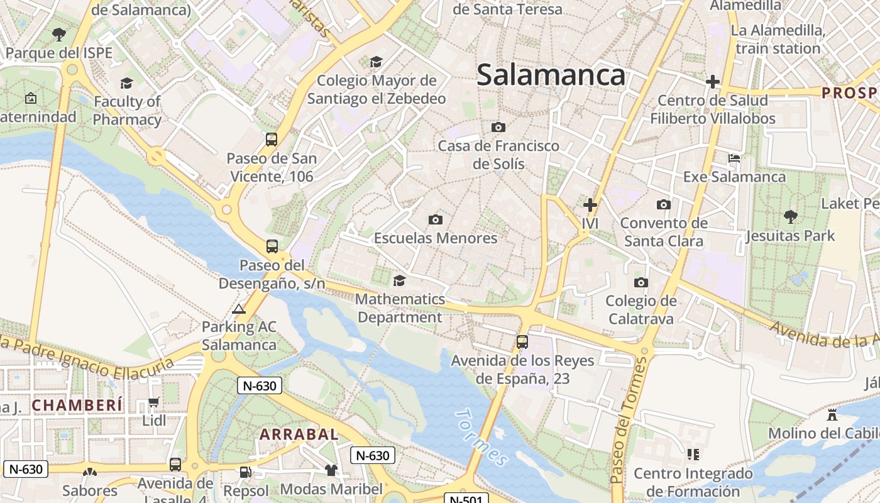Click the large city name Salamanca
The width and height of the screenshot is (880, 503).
551,75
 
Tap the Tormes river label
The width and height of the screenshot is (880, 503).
481,438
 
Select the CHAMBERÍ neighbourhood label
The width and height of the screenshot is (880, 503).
77,406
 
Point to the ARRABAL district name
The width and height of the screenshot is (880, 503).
299,434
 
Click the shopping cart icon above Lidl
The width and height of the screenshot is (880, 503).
154,402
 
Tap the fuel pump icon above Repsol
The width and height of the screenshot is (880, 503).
246,471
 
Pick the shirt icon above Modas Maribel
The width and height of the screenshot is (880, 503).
331,470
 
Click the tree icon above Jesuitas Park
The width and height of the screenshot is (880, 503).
791,217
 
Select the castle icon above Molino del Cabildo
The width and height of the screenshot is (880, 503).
832,414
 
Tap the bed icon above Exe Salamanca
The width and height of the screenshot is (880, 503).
734,158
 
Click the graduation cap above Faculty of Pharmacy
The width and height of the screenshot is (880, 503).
127,83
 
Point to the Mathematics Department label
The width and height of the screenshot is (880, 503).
400,308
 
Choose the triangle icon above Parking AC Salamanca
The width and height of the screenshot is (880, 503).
238,309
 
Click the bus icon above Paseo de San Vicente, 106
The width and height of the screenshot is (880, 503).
272,140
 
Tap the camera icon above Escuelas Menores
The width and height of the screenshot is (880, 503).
436,219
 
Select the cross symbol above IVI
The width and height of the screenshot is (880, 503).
590,204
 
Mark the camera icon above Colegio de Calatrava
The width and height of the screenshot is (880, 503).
641,282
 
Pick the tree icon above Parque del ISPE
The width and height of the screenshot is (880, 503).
59,34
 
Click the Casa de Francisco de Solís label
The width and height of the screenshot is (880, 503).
498,155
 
